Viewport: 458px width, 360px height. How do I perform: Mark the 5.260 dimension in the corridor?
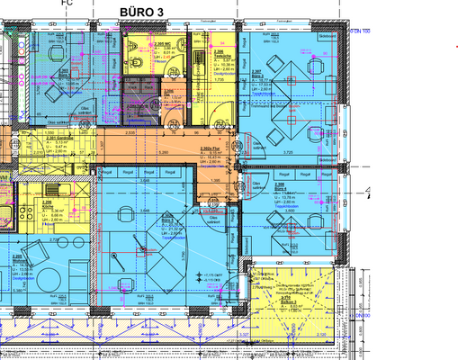(164, 152)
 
